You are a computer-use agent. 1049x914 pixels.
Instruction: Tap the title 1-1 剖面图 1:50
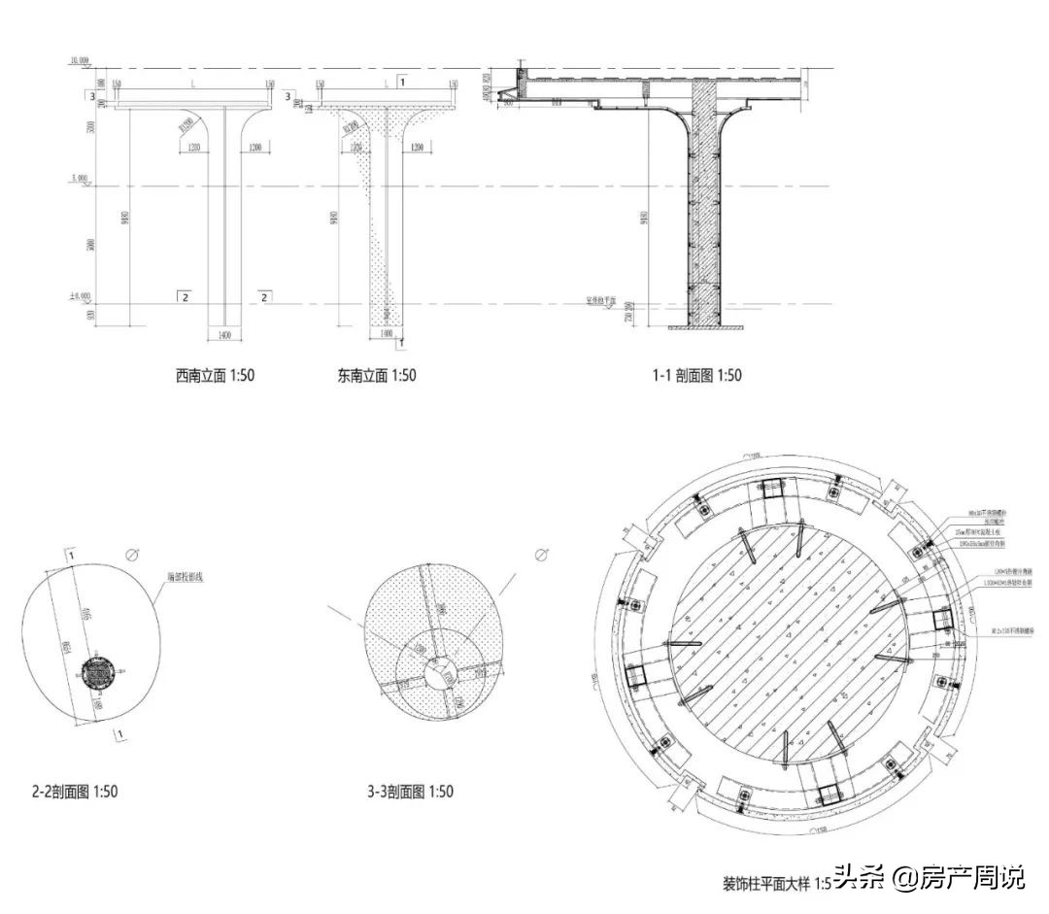coord(695,375)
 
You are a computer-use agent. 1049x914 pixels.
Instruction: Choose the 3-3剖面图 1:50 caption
coord(410,792)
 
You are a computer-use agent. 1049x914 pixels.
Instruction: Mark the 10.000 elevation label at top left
coord(79,61)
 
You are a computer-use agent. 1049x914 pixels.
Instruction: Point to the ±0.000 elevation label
coord(79,296)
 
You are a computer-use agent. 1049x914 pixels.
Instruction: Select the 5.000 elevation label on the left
coord(79,179)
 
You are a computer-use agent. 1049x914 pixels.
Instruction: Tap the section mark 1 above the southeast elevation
coord(402,84)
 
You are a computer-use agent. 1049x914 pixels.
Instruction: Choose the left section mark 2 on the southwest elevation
coord(184,296)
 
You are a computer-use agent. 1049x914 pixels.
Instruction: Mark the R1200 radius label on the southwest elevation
coord(186,123)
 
